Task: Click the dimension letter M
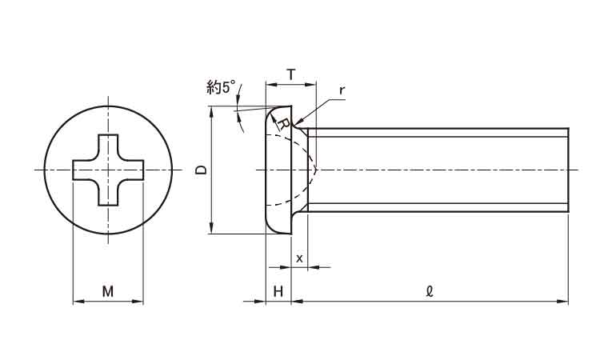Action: tap(108, 291)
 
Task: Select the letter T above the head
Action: tap(291, 74)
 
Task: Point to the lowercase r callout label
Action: tap(342, 90)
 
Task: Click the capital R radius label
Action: tap(283, 123)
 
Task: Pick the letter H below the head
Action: tap(278, 291)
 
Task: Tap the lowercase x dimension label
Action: tap(299, 258)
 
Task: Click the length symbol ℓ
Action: tap(430, 291)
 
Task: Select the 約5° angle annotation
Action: tap(221, 87)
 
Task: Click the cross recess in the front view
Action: tap(108, 170)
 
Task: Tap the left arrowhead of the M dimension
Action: tap(78, 302)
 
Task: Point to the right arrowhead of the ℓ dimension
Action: tap(563, 302)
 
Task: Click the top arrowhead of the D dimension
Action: tap(211, 113)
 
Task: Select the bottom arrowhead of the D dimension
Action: tap(211, 228)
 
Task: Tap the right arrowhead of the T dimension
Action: tap(310, 85)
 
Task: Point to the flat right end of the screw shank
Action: tap(568, 170)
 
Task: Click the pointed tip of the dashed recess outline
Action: tap(317, 169)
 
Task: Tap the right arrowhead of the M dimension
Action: tap(138, 302)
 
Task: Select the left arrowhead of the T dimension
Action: tap(271, 85)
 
